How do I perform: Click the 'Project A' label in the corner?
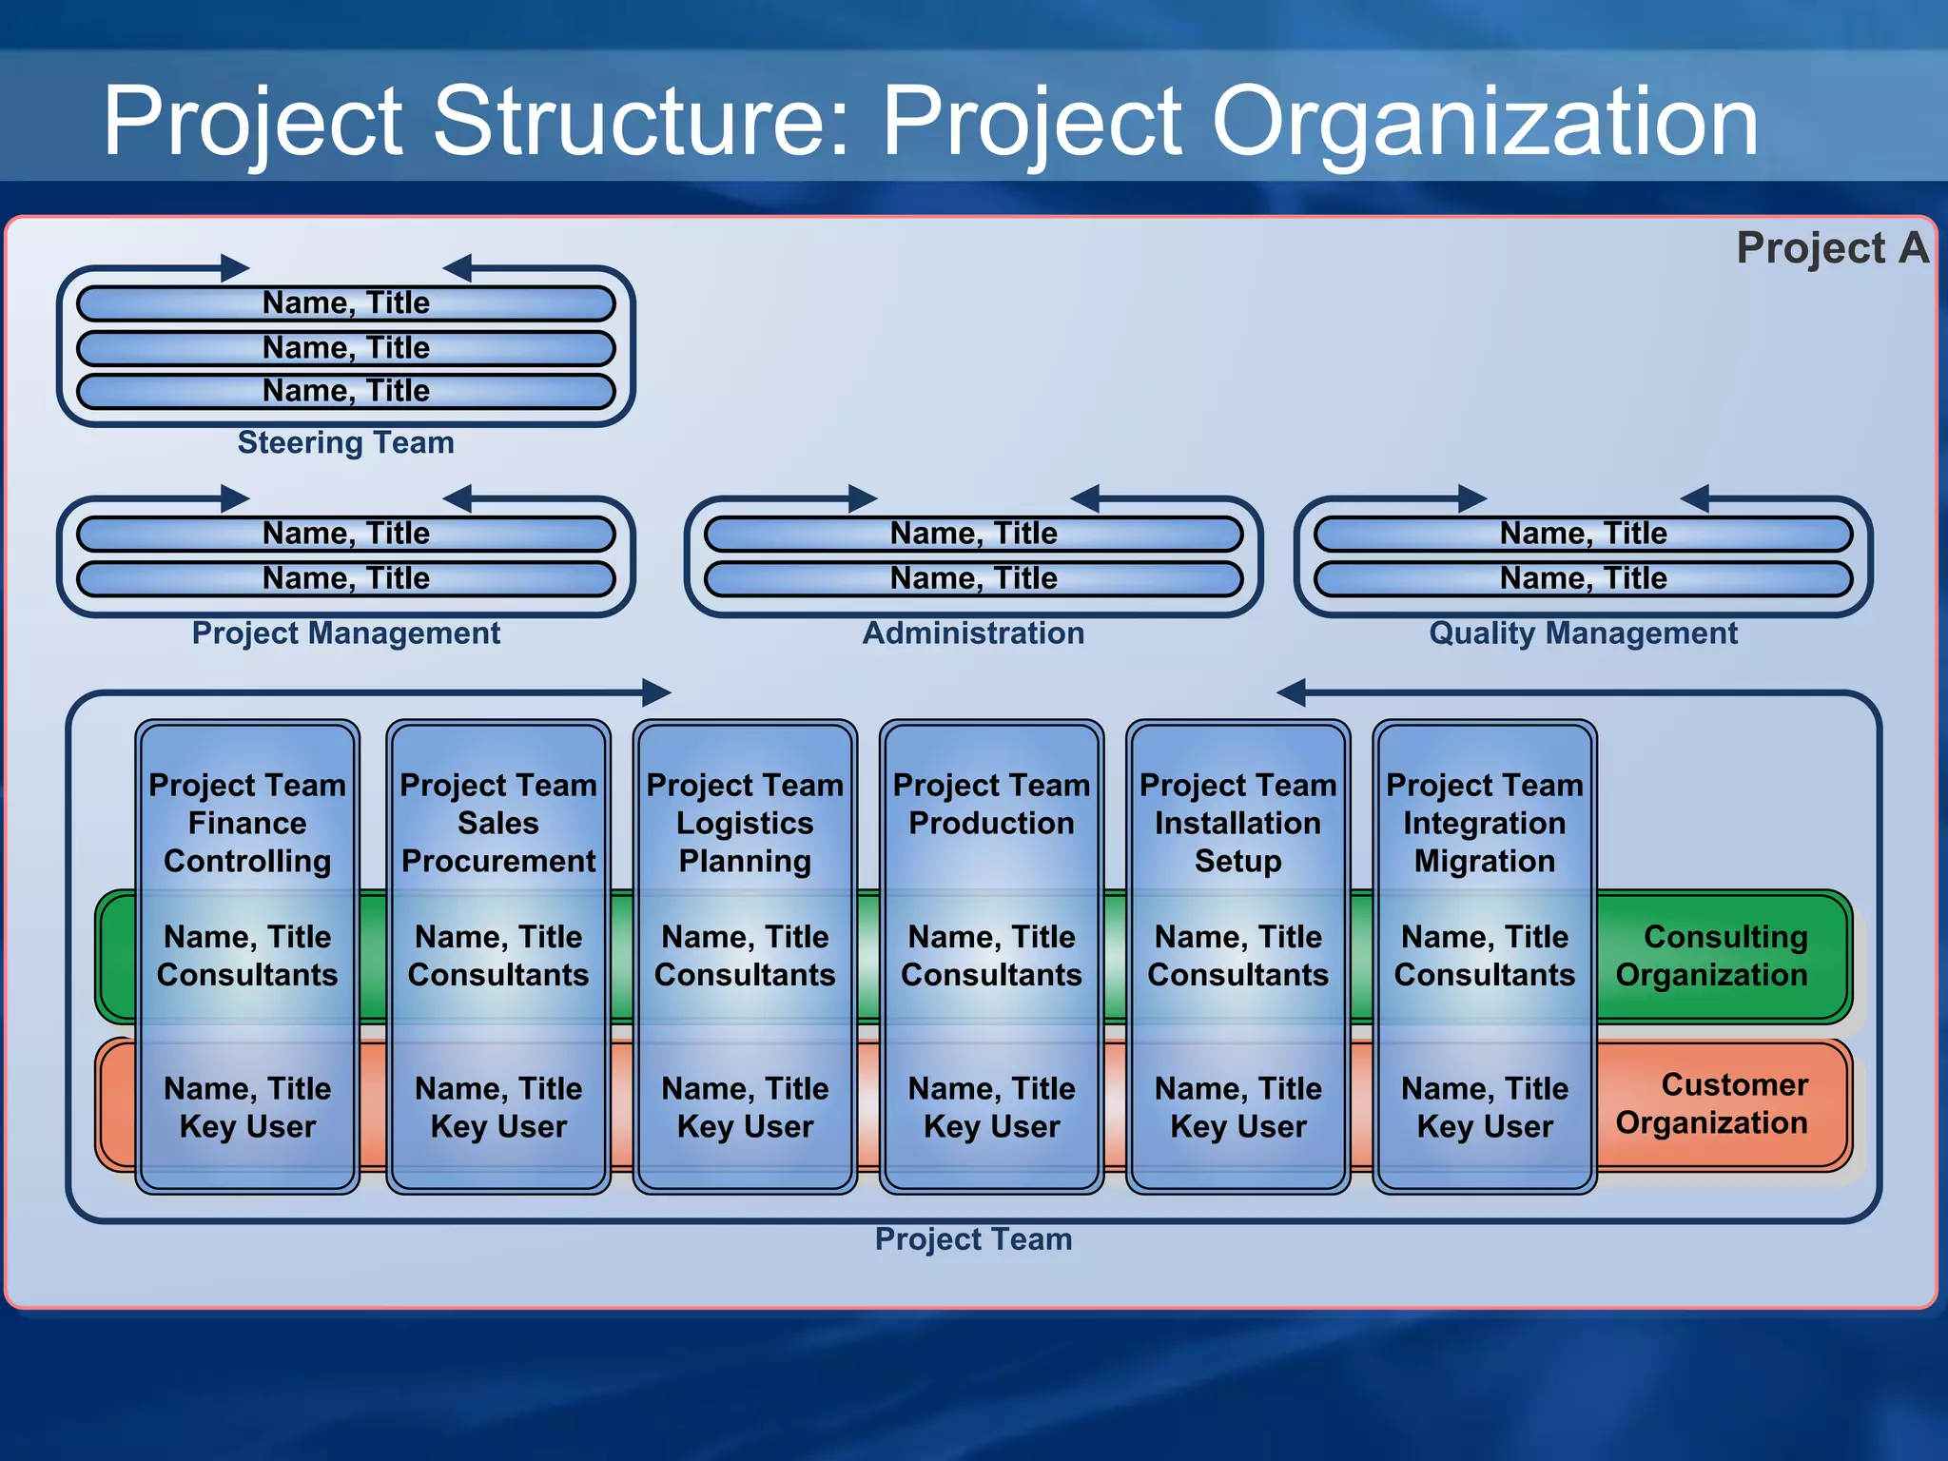[1832, 248]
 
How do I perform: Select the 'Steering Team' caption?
[345, 442]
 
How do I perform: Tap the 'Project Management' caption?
[345, 633]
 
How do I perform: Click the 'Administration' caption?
[973, 633]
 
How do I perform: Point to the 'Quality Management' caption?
[1583, 633]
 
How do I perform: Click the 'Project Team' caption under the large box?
[973, 1239]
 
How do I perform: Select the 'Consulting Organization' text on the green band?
[1712, 956]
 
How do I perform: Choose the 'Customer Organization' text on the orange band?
[1712, 1104]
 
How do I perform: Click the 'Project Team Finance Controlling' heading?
[247, 823]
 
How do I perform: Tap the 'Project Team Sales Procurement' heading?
[498, 823]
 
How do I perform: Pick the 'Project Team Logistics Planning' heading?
[745, 823]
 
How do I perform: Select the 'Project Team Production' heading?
[991, 805]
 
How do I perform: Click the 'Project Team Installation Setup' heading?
[1237, 823]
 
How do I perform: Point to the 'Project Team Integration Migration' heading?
[1484, 823]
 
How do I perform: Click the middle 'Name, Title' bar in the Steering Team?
[345, 348]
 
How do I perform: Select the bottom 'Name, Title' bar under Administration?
[973, 578]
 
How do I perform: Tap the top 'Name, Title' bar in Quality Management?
[1583, 534]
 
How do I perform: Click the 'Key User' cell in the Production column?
[991, 1108]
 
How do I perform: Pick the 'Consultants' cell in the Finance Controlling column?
[247, 956]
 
